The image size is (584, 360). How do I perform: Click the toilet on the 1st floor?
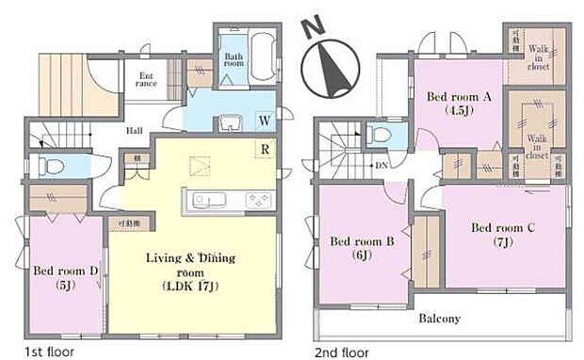point(53,167)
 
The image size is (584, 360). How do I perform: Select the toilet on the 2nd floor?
point(380,136)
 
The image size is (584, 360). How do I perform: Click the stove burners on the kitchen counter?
point(257,201)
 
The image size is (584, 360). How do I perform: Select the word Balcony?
point(439,319)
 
